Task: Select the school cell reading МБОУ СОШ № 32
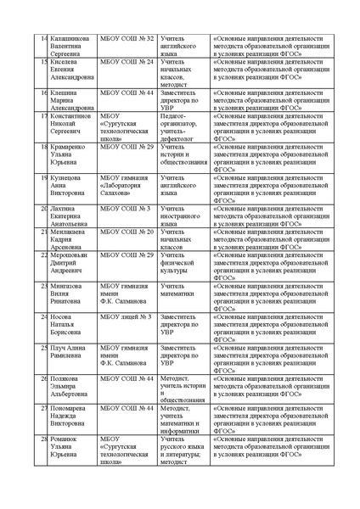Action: click(x=127, y=39)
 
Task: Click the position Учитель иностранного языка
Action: click(x=180, y=216)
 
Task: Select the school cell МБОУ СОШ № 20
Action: click(x=127, y=232)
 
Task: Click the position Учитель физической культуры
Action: click(x=178, y=262)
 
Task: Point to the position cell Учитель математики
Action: click(x=179, y=294)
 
